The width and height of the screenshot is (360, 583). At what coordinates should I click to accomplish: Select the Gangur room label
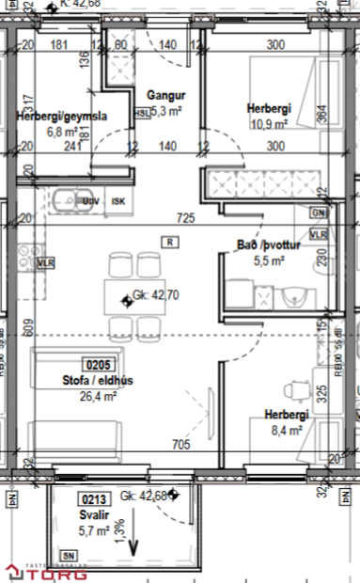tap(165, 96)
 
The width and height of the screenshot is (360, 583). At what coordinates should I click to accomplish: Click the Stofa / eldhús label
tap(98, 381)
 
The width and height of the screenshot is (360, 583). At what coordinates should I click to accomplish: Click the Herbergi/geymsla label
tap(61, 117)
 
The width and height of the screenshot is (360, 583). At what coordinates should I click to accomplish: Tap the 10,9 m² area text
tap(268, 123)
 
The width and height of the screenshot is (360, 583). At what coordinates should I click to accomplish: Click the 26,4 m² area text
tap(98, 396)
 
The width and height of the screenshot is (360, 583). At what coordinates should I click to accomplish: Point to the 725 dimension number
tap(185, 218)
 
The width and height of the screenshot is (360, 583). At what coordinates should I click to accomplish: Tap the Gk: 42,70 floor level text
tap(156, 295)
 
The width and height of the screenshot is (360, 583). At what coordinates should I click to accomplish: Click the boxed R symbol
tap(169, 242)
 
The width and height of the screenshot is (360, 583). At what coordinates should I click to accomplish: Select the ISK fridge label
tap(117, 201)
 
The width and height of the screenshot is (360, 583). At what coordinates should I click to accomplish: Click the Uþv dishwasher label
tap(91, 201)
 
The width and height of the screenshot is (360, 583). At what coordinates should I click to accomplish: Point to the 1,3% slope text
tap(118, 532)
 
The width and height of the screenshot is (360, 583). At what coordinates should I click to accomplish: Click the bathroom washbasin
tap(294, 297)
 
